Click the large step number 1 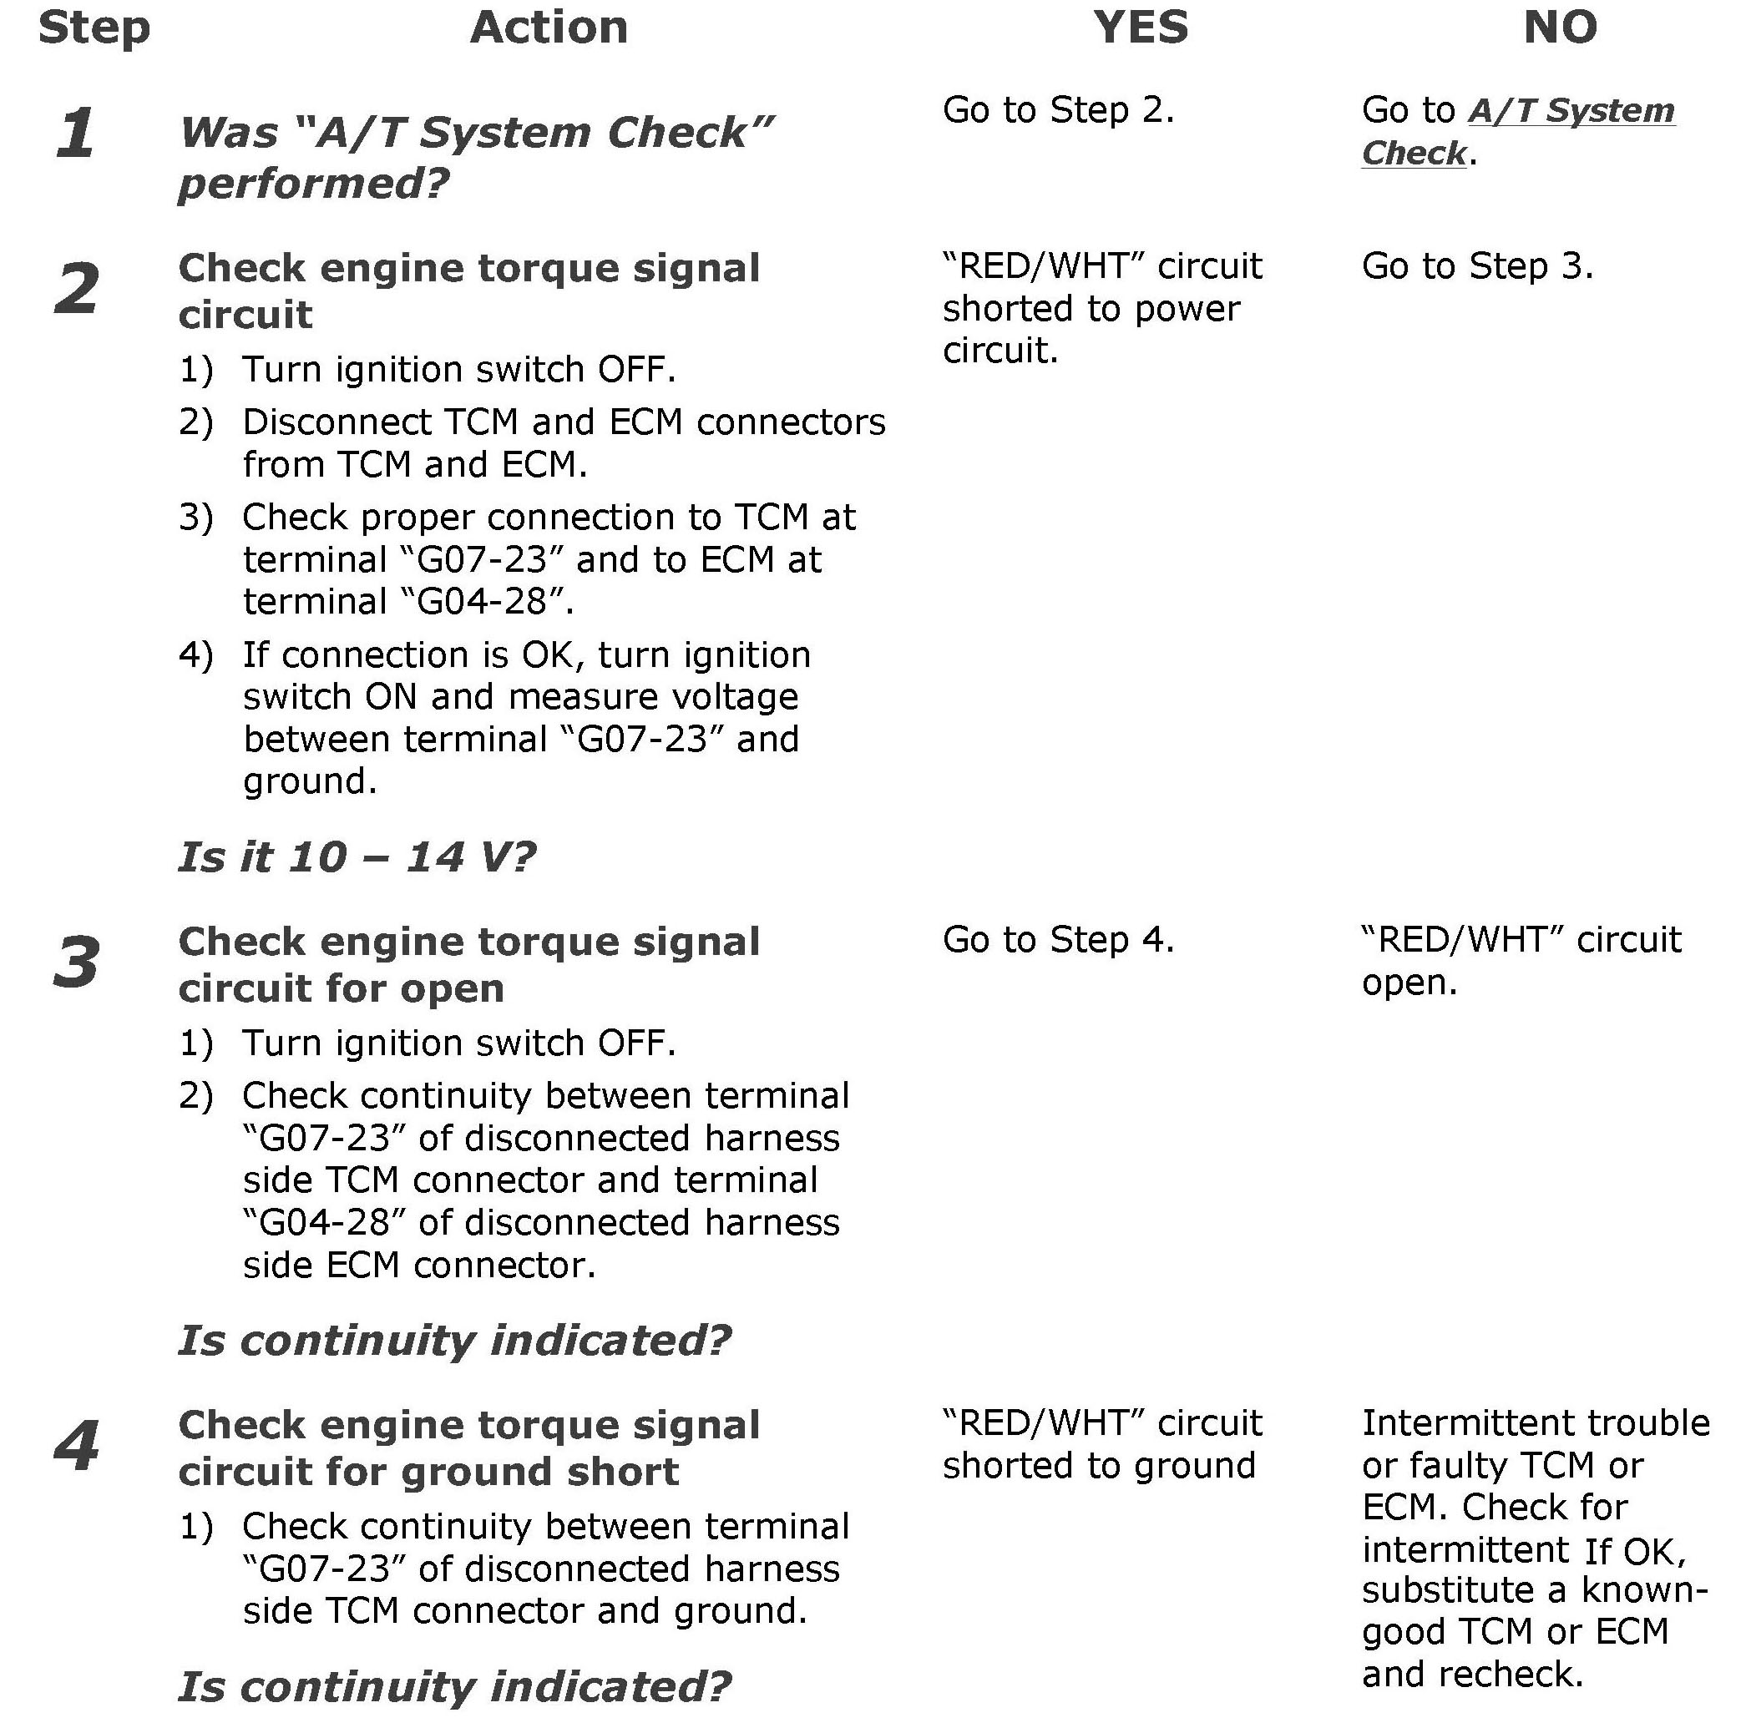point(75,133)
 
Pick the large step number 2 point(77,289)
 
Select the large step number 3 point(77,962)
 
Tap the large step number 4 point(77,1446)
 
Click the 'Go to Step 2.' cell point(1058,110)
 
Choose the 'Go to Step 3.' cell point(1476,266)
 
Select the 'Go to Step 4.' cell point(1058,941)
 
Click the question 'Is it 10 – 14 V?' point(357,856)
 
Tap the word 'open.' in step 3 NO point(1409,983)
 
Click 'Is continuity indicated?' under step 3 point(454,1340)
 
